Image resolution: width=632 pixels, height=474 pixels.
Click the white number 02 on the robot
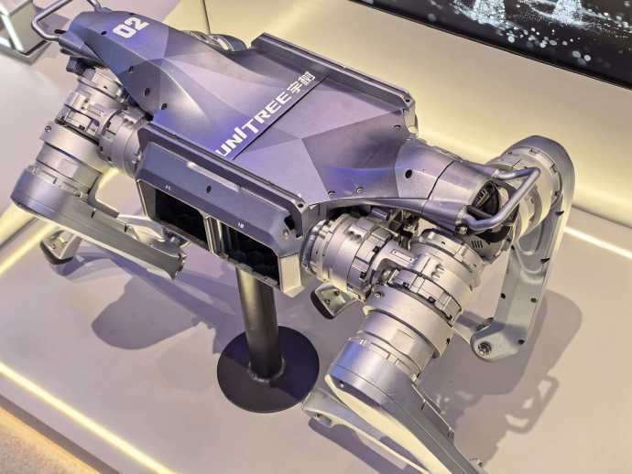pos(131,27)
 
